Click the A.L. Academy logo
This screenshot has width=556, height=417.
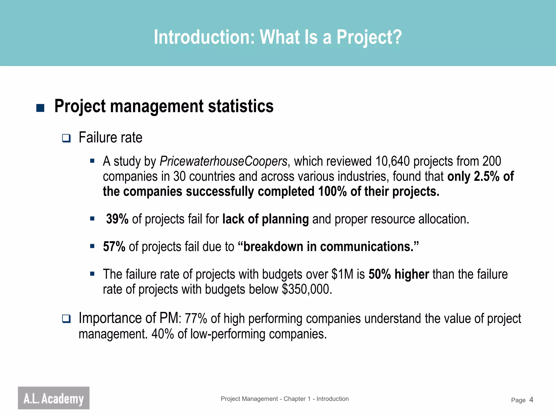click(53, 398)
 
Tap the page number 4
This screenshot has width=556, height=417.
click(531, 400)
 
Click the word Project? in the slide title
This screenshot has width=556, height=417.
click(369, 37)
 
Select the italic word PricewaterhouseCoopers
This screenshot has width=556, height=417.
click(223, 161)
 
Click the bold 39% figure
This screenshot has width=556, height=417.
click(117, 219)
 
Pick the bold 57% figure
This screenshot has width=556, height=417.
click(114, 247)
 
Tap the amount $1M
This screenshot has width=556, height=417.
click(342, 274)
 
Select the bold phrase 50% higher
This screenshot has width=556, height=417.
click(399, 274)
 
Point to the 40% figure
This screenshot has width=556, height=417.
click(162, 334)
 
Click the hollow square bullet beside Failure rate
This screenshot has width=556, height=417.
click(66, 138)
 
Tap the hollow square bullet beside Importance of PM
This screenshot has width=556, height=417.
click(66, 319)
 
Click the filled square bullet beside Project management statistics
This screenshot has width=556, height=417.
click(40, 108)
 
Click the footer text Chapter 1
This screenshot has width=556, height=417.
click(297, 399)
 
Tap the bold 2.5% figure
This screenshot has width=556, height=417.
click(486, 176)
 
